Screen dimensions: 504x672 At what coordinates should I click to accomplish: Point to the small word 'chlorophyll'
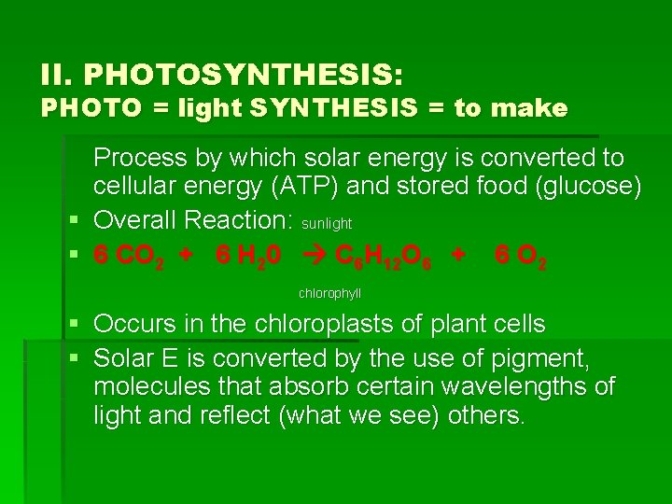click(330, 294)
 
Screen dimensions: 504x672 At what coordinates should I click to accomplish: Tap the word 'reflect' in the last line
click(236, 415)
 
